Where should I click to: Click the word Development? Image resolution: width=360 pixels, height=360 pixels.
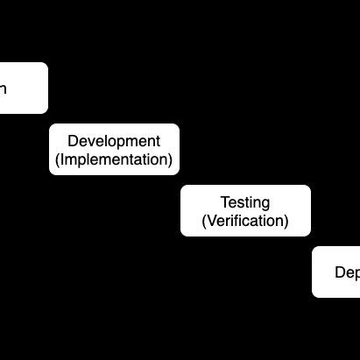(114, 141)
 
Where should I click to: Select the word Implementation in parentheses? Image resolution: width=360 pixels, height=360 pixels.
(114, 160)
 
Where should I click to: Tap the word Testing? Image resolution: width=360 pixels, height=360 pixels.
(245, 203)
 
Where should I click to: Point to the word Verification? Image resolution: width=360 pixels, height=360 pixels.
(245, 222)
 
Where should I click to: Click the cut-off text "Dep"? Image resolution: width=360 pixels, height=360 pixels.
(347, 272)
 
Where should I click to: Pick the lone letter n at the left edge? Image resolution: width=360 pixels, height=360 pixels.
(4, 88)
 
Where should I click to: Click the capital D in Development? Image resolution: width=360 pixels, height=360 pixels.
(73, 141)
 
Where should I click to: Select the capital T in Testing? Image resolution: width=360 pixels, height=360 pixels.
(224, 203)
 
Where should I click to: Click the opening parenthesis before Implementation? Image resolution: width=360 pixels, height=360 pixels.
(58, 160)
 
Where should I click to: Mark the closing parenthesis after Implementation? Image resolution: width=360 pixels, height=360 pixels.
(171, 160)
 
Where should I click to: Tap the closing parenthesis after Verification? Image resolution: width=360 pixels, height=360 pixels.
(286, 222)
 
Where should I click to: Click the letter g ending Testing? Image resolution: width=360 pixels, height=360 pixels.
(266, 204)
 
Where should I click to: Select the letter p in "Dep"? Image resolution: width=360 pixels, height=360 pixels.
(356, 273)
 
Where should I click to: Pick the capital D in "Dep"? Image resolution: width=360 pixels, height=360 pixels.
(339, 272)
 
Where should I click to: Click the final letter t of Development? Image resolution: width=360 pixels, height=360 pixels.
(158, 141)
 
